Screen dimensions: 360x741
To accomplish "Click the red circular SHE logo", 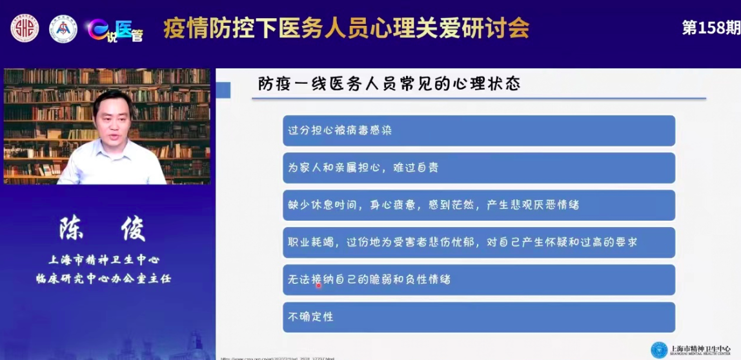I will pos(25,28).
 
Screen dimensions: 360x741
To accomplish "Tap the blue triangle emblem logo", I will pos(63,29).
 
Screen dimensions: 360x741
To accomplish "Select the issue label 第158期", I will pos(711,28).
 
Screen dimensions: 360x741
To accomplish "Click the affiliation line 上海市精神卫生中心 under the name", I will pos(103,260).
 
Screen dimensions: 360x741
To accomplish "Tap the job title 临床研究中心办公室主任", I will pos(103,279).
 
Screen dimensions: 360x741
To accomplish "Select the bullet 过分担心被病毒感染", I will pos(340,130).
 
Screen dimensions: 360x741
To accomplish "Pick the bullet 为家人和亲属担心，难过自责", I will pos(363,168).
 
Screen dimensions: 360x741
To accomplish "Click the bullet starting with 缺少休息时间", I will pos(433,205).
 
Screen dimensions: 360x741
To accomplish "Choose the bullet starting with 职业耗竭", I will pos(462,243).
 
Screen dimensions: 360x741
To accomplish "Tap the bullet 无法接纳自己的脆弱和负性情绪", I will pos(369,280).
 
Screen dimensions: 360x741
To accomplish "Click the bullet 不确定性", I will pos(310,317).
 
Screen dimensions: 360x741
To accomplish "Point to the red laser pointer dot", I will pos(318,285).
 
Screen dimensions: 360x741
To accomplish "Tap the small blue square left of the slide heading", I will pos(223,90).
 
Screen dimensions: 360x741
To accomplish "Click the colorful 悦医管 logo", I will pos(116,29).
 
